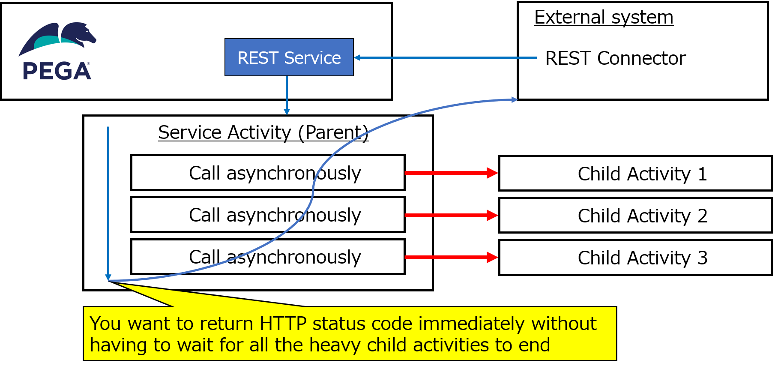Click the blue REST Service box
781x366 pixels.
(x=289, y=57)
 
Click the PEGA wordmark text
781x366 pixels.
(x=57, y=71)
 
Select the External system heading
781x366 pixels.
(x=604, y=18)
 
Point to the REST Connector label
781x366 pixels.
(x=615, y=58)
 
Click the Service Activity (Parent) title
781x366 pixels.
(x=263, y=132)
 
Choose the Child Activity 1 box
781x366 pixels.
(x=636, y=173)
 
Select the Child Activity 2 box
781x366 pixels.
(x=636, y=215)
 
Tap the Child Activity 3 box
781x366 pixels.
(x=636, y=257)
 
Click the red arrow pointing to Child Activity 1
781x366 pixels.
(x=452, y=173)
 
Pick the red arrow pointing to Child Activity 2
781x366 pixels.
(x=452, y=215)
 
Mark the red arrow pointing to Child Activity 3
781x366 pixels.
(x=452, y=257)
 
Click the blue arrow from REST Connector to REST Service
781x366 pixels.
(x=445, y=57)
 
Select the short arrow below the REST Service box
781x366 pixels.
(x=287, y=96)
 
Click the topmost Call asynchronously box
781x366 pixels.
(x=268, y=173)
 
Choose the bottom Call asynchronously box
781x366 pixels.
(x=268, y=257)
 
